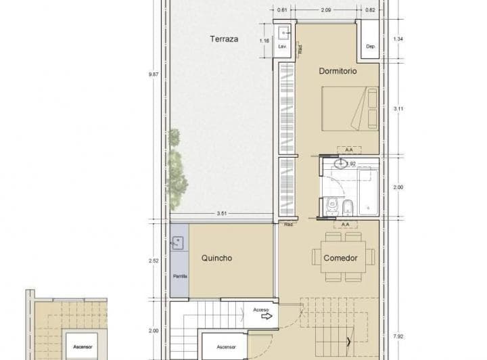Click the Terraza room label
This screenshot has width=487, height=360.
(x=224, y=39)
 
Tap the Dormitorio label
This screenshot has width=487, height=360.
(x=338, y=70)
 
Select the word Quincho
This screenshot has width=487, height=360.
(x=217, y=258)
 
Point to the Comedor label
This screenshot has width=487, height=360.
(x=340, y=258)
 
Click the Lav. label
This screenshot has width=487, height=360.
(x=283, y=46)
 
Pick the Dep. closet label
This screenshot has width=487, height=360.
(x=370, y=46)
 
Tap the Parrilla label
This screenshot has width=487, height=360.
(x=180, y=276)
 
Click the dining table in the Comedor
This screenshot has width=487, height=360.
(x=344, y=256)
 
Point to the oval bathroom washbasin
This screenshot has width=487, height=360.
(x=342, y=163)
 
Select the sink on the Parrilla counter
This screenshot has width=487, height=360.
(x=179, y=242)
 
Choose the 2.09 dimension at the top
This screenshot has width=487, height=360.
(x=325, y=10)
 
